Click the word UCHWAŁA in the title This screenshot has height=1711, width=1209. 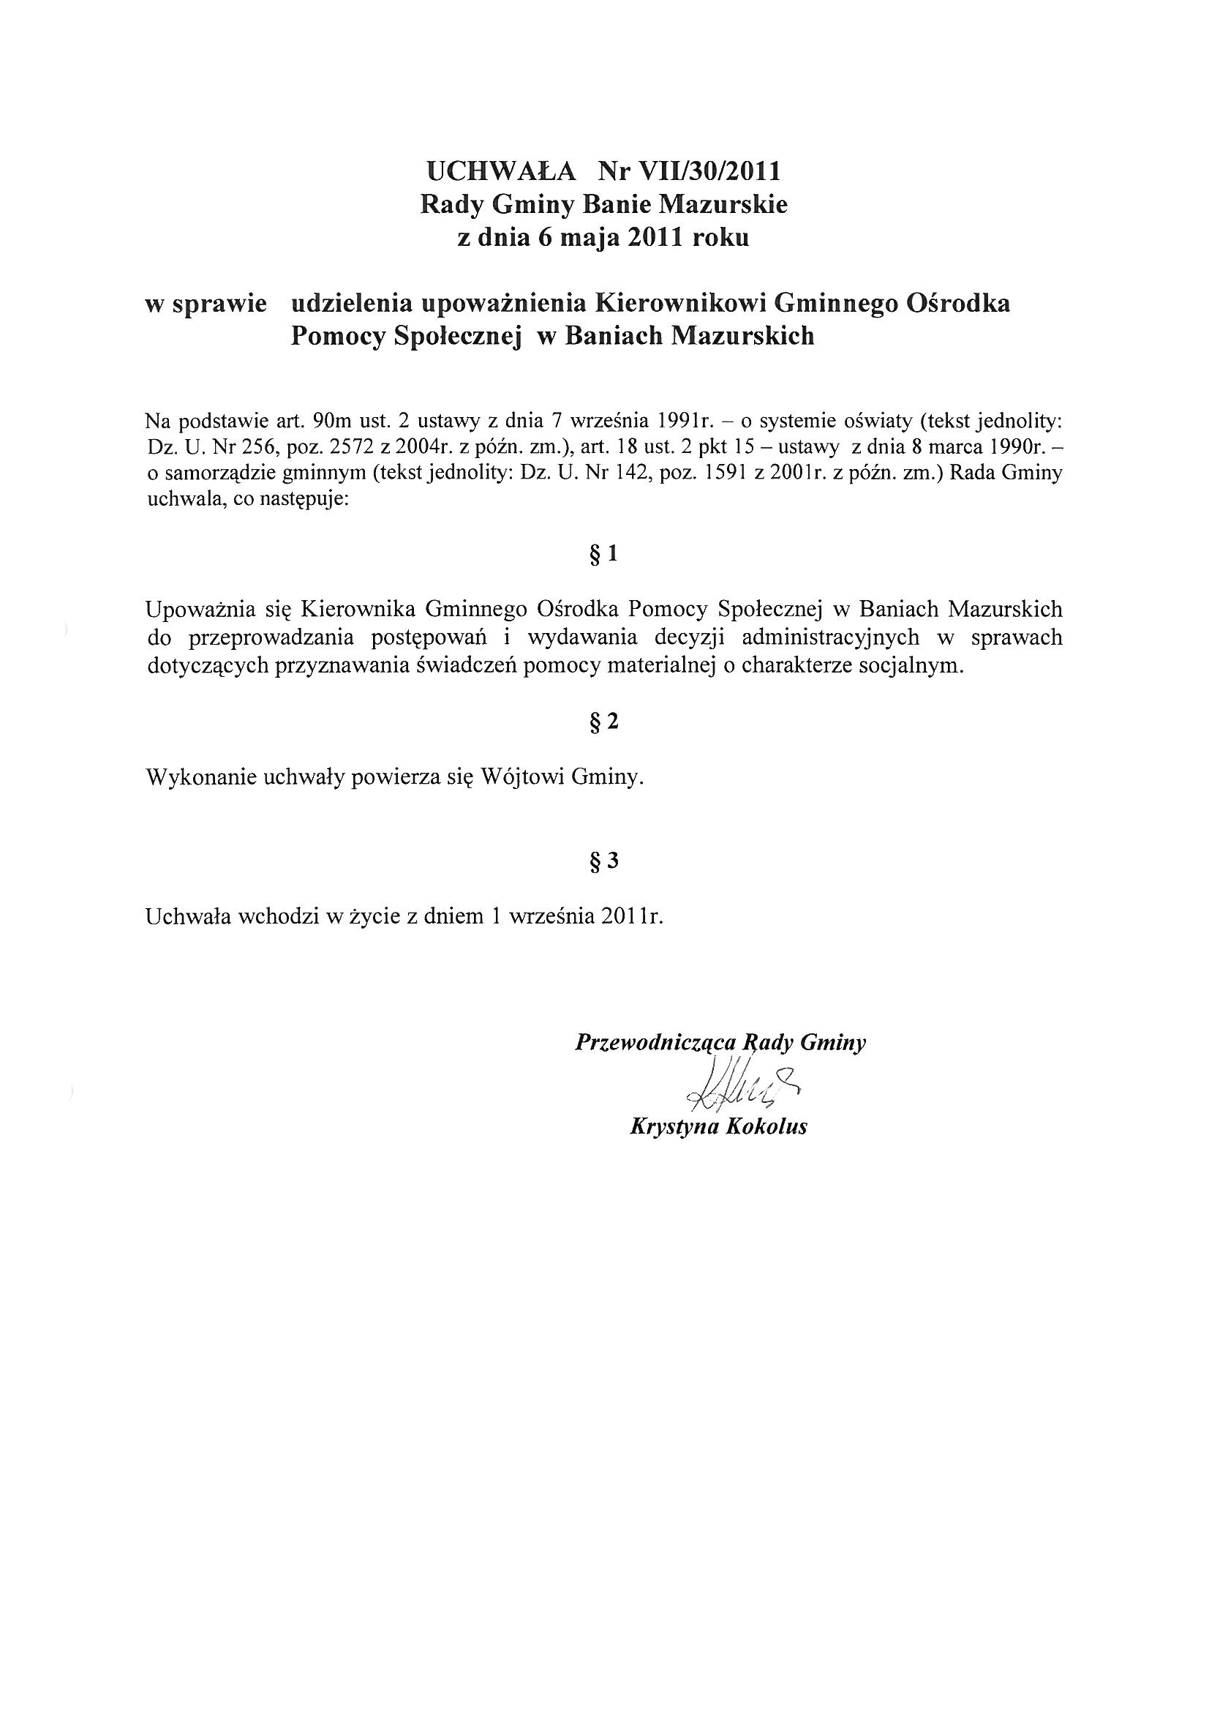(x=501, y=171)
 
